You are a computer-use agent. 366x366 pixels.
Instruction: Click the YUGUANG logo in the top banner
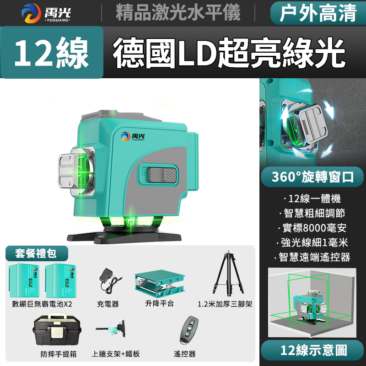[x=46, y=13]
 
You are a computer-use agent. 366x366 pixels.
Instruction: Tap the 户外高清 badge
[x=318, y=13]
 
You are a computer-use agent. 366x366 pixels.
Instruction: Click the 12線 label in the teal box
[x=52, y=53]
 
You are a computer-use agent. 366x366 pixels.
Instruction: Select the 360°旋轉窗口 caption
[x=312, y=177]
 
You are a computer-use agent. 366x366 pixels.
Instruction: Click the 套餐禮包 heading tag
[x=36, y=253]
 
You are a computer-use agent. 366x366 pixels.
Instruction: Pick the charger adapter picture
[x=109, y=280]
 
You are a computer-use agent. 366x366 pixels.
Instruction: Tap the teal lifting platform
[x=160, y=283]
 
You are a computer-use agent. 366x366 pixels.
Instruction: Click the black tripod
[x=228, y=273]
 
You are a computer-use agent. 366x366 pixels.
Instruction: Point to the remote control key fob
[x=189, y=329]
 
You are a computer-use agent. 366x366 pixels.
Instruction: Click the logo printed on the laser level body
[x=133, y=136]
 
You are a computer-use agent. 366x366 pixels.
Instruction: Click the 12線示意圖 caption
[x=312, y=350]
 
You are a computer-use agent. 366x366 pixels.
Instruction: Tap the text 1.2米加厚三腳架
[x=225, y=304]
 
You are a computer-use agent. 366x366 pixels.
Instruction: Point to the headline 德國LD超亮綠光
[x=229, y=53]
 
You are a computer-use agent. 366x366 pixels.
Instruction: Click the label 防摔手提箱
[x=59, y=354]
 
